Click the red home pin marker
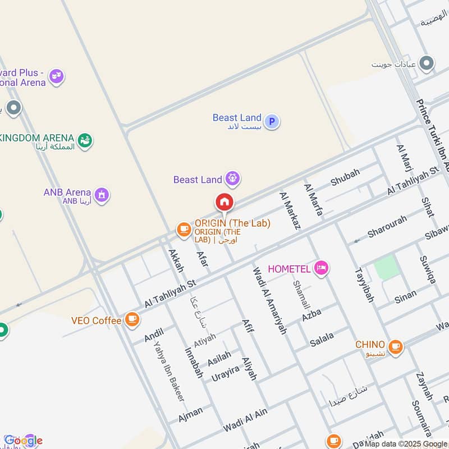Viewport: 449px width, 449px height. [224, 202]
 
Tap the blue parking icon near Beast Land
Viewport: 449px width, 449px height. [272, 121]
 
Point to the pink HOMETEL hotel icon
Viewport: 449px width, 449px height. [321, 268]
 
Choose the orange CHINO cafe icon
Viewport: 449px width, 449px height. [395, 346]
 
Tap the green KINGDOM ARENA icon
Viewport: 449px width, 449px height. [85, 139]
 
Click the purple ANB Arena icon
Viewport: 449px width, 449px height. [102, 195]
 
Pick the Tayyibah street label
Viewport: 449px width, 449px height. [364, 283]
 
